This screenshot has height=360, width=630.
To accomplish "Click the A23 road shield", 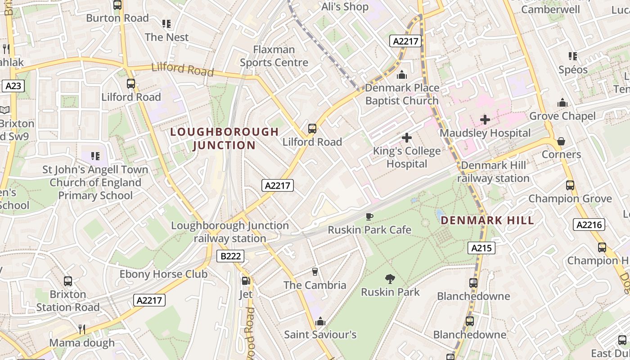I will (x=13, y=86).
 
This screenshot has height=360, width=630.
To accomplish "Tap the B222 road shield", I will (x=231, y=256).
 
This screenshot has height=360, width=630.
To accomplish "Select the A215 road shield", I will (x=481, y=248).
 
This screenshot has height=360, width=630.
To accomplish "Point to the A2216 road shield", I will (x=589, y=225).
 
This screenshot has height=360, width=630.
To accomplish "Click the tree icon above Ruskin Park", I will (x=390, y=279).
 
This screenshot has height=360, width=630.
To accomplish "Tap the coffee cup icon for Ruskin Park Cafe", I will (x=369, y=217).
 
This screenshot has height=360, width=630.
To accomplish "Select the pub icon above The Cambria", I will (x=315, y=272).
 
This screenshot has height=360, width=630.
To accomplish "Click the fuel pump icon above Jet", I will (x=246, y=281).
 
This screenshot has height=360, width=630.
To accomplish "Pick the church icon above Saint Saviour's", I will (x=320, y=321).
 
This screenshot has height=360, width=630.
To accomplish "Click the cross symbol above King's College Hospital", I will (x=407, y=138).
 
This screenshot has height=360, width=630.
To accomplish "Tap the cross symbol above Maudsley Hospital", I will (x=485, y=120).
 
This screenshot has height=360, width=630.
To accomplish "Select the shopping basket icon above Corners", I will (x=561, y=141).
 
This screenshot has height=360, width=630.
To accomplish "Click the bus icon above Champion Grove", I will (x=570, y=185).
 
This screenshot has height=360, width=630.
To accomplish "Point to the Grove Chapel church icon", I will (x=562, y=103).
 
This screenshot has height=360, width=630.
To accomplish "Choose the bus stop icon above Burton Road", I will (x=117, y=5).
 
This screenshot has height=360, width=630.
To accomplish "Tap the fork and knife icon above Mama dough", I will (x=82, y=329).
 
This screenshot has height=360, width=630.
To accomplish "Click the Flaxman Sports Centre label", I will (x=274, y=56).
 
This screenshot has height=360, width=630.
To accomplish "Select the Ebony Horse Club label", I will (x=163, y=274).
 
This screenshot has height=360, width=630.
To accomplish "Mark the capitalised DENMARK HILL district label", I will (x=487, y=220).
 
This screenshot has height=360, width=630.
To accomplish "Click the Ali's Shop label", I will (x=345, y=7).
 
